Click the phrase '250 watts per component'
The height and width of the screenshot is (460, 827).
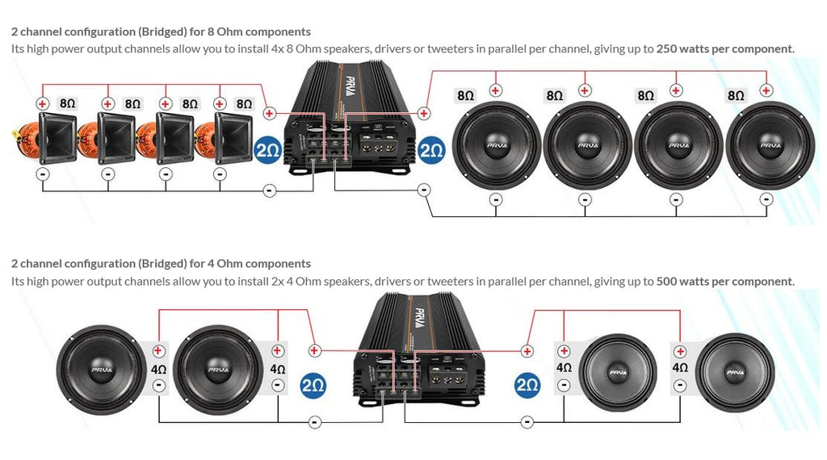pyautogui.click(x=724, y=49)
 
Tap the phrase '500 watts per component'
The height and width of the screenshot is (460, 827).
pyautogui.click(x=724, y=282)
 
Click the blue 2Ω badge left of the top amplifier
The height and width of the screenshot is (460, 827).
pyautogui.click(x=268, y=150)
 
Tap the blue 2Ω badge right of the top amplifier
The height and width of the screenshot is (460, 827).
pyautogui.click(x=431, y=150)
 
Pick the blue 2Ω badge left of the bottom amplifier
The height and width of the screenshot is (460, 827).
pyautogui.click(x=313, y=386)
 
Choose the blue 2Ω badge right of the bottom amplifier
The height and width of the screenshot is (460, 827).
pyautogui.click(x=527, y=386)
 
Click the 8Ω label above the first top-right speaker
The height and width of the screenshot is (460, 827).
pyautogui.click(x=465, y=95)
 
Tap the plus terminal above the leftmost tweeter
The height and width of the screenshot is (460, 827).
pyautogui.click(x=43, y=103)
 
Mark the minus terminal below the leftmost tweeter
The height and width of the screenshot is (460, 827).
pyautogui.click(x=43, y=174)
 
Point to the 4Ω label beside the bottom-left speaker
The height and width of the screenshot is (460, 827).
pyautogui.click(x=158, y=369)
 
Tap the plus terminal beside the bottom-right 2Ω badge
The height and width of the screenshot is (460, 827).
pyautogui.click(x=527, y=350)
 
